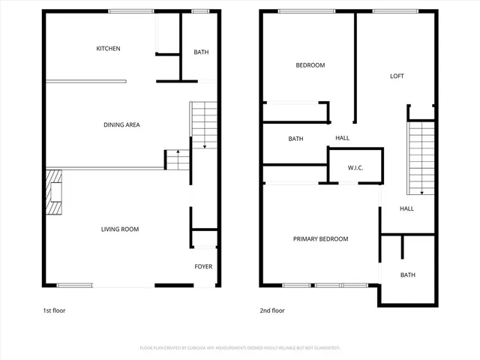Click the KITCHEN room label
(108, 49)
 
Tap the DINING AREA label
(121, 124)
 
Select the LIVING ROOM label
(120, 229)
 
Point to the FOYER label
(203, 266)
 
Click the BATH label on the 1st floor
(201, 52)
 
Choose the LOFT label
(397, 76)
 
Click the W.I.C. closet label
(355, 167)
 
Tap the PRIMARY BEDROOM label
(320, 238)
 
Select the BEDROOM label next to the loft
(310, 65)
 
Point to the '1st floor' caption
(54, 310)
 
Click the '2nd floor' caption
(272, 310)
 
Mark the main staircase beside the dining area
(203, 124)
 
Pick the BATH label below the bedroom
(295, 139)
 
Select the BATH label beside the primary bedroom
(407, 275)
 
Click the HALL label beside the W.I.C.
(342, 138)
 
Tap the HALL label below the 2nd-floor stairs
(406, 208)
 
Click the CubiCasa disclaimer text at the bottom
(240, 348)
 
